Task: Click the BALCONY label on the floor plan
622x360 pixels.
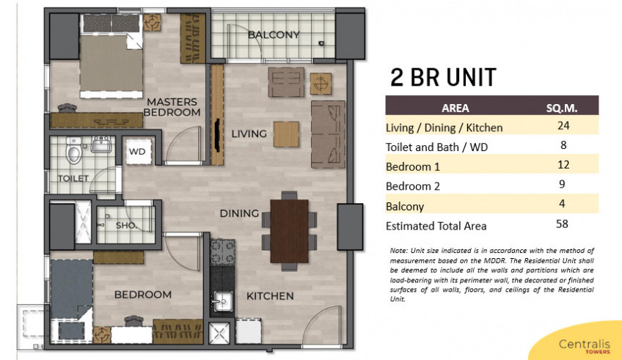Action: click(274, 35)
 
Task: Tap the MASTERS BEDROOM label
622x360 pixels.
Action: click(172, 107)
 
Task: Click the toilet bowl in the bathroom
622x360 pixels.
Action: click(74, 150)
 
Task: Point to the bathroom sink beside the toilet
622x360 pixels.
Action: click(101, 144)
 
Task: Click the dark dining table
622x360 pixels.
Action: click(289, 231)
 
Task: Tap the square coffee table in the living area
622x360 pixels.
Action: click(286, 134)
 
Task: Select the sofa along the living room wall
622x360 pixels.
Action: click(328, 134)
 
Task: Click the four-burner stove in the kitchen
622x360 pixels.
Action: click(222, 252)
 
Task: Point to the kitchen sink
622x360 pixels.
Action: click(222, 302)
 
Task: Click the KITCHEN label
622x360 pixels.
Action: click(270, 296)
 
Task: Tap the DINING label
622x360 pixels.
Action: click(239, 213)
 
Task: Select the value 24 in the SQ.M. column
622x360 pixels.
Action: click(563, 125)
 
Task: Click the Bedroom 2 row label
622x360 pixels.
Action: click(413, 186)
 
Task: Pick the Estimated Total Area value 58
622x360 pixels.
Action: click(562, 224)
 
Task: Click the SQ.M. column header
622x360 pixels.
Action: click(561, 108)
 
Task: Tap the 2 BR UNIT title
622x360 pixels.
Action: click(443, 77)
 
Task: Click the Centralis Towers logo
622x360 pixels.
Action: click(585, 346)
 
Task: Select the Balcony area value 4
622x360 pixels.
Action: click(562, 204)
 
